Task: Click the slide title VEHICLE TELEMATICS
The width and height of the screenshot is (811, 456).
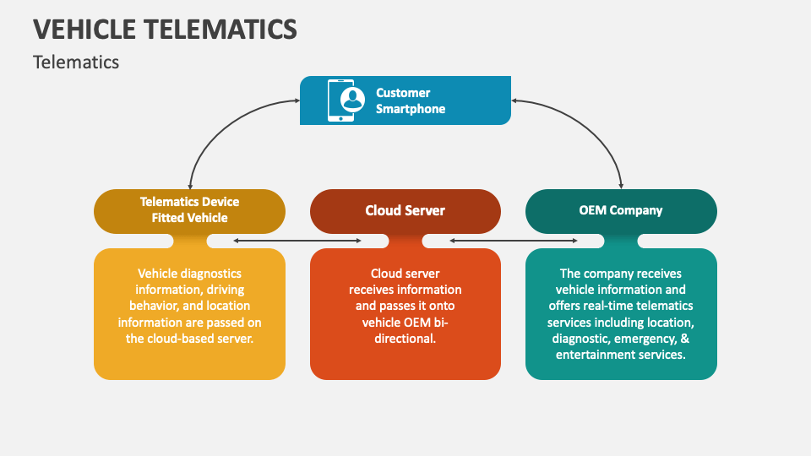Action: coord(165,29)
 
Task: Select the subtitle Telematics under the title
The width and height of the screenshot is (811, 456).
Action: coord(76,62)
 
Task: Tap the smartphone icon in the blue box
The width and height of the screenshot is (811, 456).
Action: coord(340,100)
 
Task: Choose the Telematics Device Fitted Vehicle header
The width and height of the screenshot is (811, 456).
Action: coord(189,210)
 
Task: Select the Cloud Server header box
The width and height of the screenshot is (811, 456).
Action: coord(405,210)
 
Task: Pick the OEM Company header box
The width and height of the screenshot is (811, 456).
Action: coord(621,210)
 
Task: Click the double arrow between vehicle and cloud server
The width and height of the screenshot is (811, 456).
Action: coord(297,242)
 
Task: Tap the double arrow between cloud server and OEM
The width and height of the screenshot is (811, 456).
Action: coord(513,242)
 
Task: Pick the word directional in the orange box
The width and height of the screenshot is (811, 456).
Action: coord(405,338)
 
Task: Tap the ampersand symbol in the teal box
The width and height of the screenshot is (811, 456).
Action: coord(681,338)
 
